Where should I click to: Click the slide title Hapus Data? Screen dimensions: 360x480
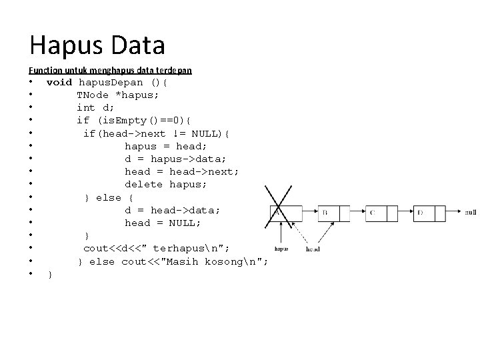(97, 45)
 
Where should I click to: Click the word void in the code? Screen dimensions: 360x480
(59, 83)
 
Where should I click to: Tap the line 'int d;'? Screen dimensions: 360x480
(95, 108)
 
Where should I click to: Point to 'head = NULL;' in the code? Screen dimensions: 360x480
(163, 223)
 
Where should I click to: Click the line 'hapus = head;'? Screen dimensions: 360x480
(165, 146)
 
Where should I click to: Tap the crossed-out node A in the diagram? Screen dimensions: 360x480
(280, 213)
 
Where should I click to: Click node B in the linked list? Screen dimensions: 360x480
(327, 213)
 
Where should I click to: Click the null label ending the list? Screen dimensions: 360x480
(470, 213)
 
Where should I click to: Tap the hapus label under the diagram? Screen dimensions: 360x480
(281, 249)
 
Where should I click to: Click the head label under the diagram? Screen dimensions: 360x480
(313, 249)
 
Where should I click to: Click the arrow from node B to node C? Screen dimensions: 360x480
(353, 213)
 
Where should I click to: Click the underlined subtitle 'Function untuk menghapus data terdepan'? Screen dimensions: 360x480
(110, 70)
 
